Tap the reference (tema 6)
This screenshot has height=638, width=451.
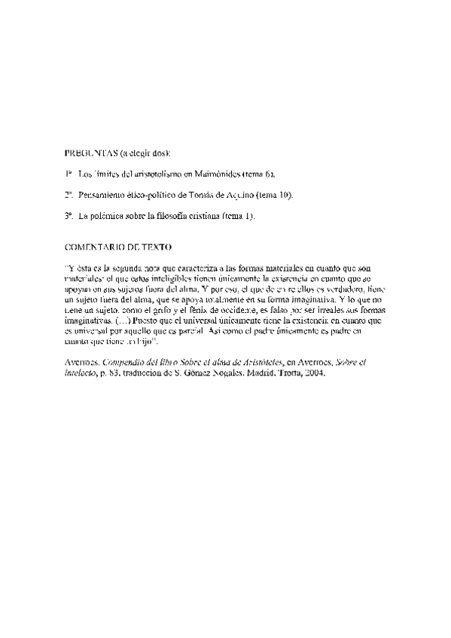coord(260,174)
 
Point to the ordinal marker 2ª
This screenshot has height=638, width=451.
coord(68,195)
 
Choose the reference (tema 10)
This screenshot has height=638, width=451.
coord(274,195)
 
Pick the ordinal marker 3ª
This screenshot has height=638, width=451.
coord(68,216)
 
